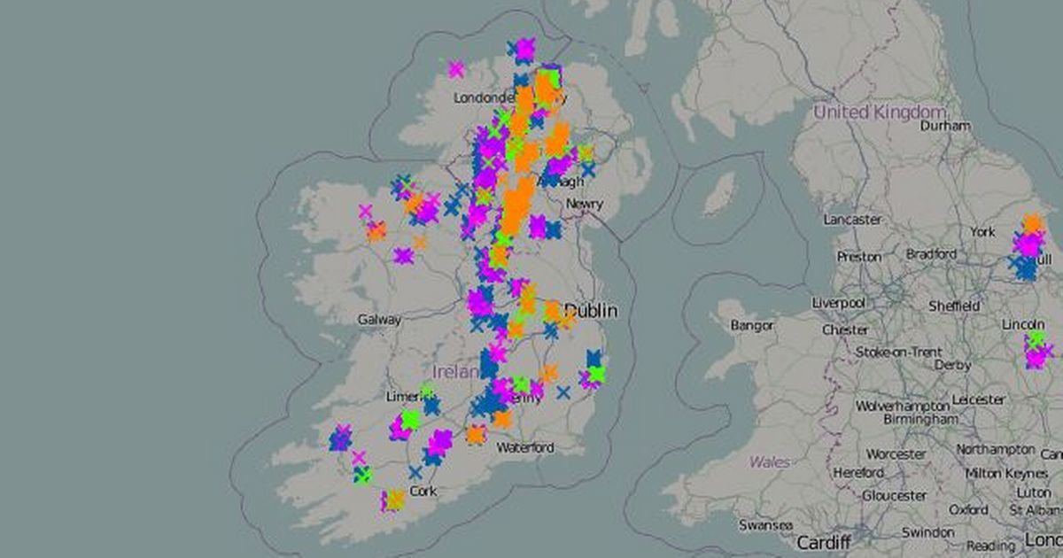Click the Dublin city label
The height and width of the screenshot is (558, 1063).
click(593, 311)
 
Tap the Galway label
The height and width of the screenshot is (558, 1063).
click(379, 320)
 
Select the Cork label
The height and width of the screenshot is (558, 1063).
click(423, 491)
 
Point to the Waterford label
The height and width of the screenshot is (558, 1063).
click(525, 447)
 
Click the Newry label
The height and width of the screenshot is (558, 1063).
click(584, 204)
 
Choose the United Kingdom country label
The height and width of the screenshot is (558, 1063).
click(879, 112)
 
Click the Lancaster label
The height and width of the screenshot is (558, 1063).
click(852, 219)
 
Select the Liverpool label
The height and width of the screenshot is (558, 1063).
click(839, 303)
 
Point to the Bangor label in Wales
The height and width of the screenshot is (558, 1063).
click(751, 325)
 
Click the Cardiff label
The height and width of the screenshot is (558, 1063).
click(823, 541)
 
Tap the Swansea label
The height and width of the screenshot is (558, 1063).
click(765, 525)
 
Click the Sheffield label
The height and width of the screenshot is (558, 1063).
click(954, 306)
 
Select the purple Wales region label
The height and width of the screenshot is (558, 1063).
click(769, 461)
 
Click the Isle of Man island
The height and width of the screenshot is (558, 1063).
click(718, 194)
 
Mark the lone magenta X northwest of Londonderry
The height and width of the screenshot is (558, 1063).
click(456, 69)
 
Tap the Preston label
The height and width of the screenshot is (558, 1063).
click(858, 257)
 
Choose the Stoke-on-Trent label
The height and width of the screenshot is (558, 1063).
click(899, 352)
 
